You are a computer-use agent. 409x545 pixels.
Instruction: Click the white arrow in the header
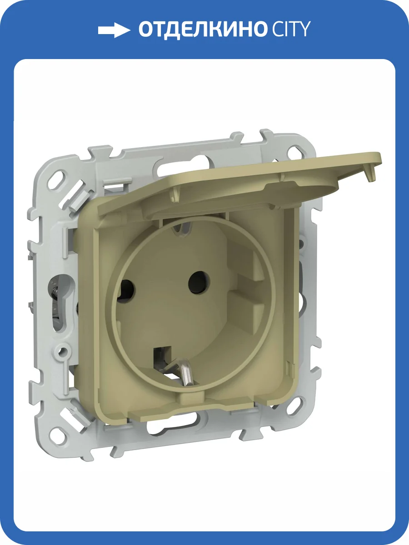pos(114,30)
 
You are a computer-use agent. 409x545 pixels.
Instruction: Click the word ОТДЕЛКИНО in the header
pos(202,30)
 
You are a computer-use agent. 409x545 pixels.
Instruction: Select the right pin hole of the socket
pos(199,282)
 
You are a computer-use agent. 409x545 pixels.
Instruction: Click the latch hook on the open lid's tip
pos(371,176)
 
